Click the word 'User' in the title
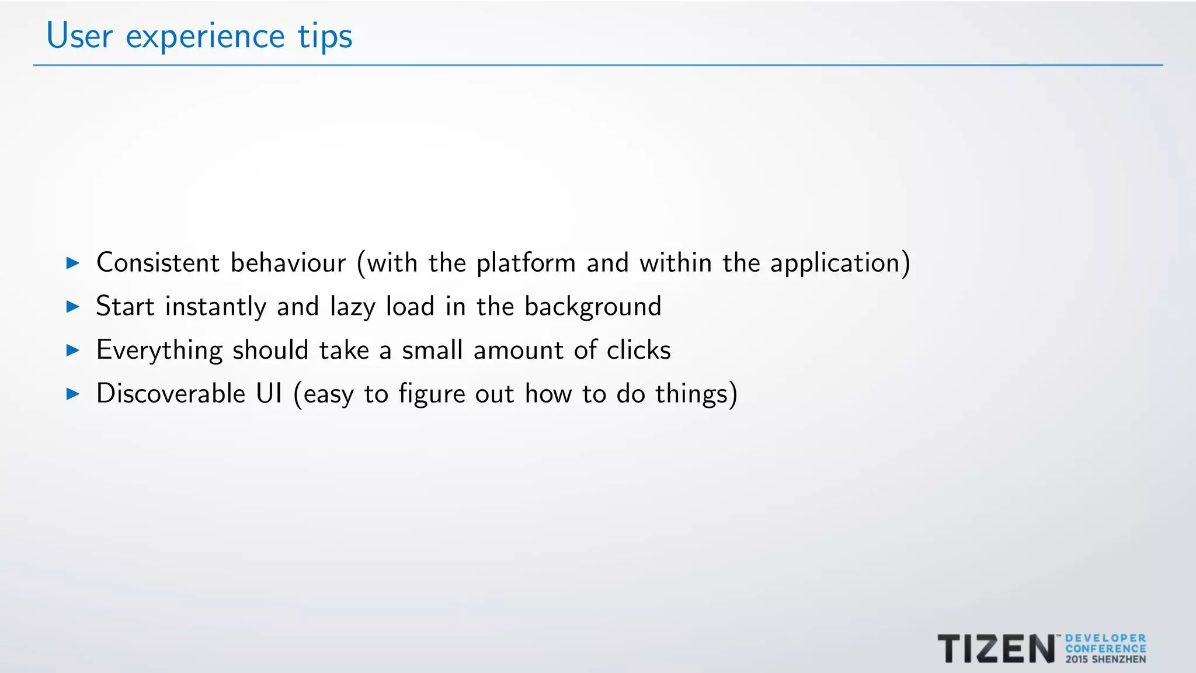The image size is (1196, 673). [79, 36]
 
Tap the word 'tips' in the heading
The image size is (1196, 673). [325, 36]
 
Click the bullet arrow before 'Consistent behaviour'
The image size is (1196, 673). [73, 263]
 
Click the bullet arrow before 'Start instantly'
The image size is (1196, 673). [73, 307]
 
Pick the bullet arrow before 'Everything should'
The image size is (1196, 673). [73, 351]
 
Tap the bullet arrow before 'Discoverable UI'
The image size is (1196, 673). [73, 394]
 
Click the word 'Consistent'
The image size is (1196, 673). [158, 263]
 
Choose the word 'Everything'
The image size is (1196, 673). [159, 351]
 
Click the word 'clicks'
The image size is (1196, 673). [638, 351]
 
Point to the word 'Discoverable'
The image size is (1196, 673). [171, 394]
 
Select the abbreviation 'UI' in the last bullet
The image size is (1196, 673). [269, 394]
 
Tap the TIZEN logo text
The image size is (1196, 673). [996, 649]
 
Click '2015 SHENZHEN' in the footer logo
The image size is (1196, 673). [1105, 660]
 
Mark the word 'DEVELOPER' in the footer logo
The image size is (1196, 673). [1105, 639]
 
